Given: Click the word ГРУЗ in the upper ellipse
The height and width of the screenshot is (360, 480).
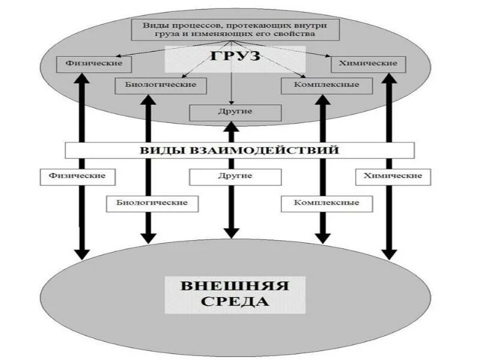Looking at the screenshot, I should click(235, 56).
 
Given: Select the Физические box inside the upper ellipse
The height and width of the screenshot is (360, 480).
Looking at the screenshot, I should click(89, 62).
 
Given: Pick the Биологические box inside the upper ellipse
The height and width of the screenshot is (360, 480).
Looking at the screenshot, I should click(160, 85).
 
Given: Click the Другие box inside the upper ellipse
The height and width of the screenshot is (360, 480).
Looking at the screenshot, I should click(235, 112).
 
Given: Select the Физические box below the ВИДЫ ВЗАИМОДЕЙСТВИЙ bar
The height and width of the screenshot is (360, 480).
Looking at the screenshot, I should click(77, 176).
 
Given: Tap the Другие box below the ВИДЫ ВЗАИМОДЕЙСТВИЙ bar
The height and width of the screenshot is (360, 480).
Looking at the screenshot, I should click(235, 176).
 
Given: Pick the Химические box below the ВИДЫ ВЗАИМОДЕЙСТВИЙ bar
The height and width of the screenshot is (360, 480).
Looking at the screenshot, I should click(392, 176).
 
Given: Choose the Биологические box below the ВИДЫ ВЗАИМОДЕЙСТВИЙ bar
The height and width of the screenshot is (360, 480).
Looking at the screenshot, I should click(147, 203).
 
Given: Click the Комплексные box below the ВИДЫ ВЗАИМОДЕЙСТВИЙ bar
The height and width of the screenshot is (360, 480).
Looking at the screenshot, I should click(327, 203).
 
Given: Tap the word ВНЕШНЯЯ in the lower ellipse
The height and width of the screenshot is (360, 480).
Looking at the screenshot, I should click(235, 285).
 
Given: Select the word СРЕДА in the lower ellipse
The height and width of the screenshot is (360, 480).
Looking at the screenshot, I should click(235, 301).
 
